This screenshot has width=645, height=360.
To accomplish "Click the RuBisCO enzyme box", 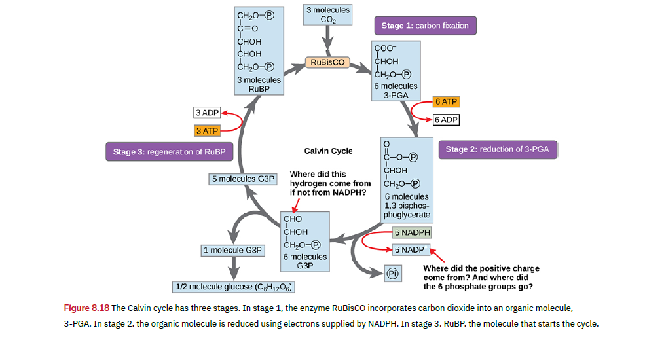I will pyautogui.click(x=327, y=63).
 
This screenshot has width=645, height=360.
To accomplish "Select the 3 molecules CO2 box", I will pyautogui.click(x=328, y=15).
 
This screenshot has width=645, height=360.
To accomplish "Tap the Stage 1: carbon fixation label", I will pyautogui.click(x=424, y=26).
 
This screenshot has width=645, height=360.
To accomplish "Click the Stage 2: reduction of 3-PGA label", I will pyautogui.click(x=497, y=149).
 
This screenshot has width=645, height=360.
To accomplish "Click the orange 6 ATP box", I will pyautogui.click(x=446, y=102).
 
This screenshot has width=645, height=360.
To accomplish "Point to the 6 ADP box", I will pyautogui.click(x=446, y=120).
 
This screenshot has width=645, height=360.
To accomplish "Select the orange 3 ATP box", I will pyautogui.click(x=207, y=131).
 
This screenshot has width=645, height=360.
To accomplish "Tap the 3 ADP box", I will pyautogui.click(x=207, y=113).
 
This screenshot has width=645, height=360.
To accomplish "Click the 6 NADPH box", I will pyautogui.click(x=412, y=232).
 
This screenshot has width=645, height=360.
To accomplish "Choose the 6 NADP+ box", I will pyautogui.click(x=411, y=249).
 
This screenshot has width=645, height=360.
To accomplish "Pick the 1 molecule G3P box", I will pyautogui.click(x=233, y=250).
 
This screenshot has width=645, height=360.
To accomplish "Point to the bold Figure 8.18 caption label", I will pyautogui.click(x=86, y=308).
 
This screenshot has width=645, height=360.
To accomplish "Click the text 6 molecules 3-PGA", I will pyautogui.click(x=396, y=90).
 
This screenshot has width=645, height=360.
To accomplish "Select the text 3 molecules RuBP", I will pyautogui.click(x=259, y=84).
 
